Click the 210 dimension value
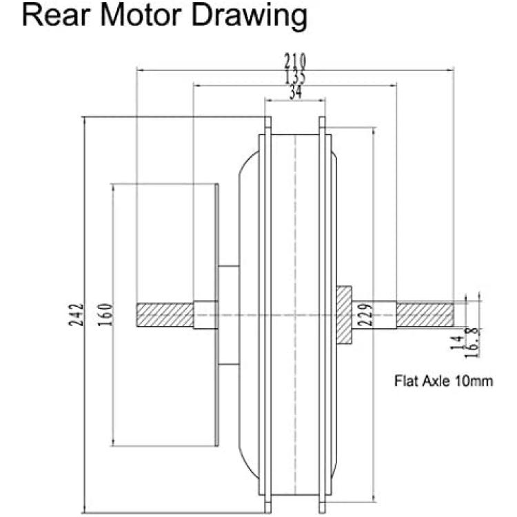pyautogui.click(x=295, y=61)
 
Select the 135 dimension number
pyautogui.click(x=295, y=77)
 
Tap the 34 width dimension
pyautogui.click(x=296, y=92)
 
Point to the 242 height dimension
pyautogui.click(x=76, y=314)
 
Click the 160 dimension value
pyautogui.click(x=106, y=314)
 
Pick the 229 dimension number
pyautogui.click(x=365, y=314)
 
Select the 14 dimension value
pyautogui.click(x=457, y=342)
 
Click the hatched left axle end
pyautogui.click(x=165, y=315)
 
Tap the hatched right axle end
pyautogui.click(x=425, y=315)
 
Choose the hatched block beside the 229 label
pyautogui.click(x=343, y=315)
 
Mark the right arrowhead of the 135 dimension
pyautogui.click(x=392, y=85)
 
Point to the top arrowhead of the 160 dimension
pyautogui.click(x=113, y=189)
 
